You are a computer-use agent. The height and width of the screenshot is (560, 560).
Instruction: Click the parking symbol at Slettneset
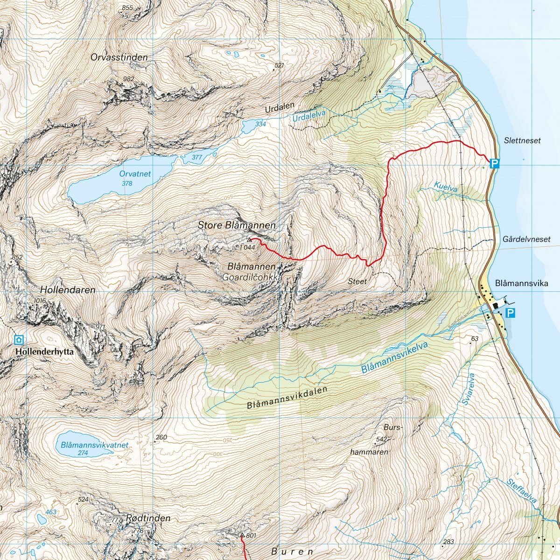[495, 163]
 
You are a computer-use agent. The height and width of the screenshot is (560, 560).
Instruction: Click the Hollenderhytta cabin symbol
[19, 340]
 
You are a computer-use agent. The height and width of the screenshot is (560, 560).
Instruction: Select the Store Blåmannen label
[237, 225]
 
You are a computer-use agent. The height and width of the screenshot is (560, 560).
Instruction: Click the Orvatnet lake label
[135, 174]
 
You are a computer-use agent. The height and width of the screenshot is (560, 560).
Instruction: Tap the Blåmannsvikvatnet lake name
[94, 445]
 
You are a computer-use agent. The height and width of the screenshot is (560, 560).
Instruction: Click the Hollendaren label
[68, 290]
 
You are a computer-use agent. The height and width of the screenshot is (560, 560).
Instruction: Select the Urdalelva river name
[308, 117]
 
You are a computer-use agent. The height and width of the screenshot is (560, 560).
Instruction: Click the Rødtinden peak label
[148, 518]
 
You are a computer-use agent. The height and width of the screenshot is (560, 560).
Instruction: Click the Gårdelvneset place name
[527, 239]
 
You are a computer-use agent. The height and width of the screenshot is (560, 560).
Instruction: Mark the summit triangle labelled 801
[242, 535]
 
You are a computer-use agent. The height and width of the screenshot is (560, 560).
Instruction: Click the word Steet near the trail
[357, 281]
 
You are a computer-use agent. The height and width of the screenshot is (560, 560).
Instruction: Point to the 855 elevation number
[126, 7]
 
